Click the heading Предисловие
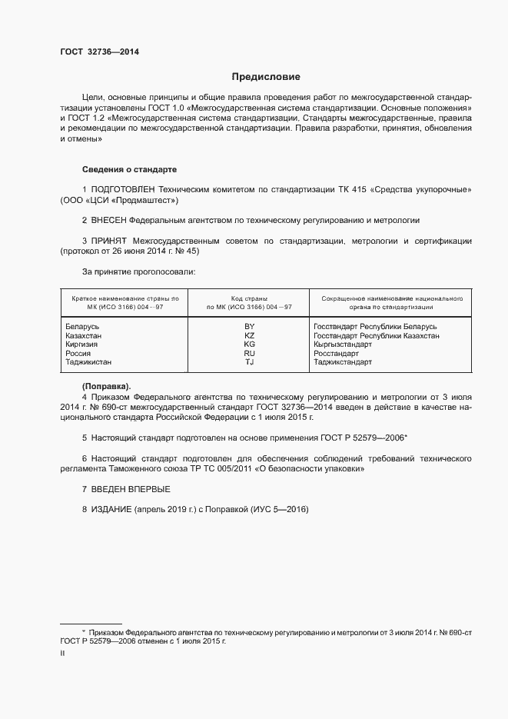coord(266,77)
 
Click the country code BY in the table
coord(249,327)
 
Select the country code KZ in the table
coord(249,336)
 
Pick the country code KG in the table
coord(249,345)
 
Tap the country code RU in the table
coord(249,353)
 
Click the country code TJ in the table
coord(249,361)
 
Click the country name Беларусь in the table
coord(83,327)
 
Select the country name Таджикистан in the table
coord(88,361)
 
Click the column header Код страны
coord(249,298)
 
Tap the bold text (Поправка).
coord(106,385)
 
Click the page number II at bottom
coord(62,653)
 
